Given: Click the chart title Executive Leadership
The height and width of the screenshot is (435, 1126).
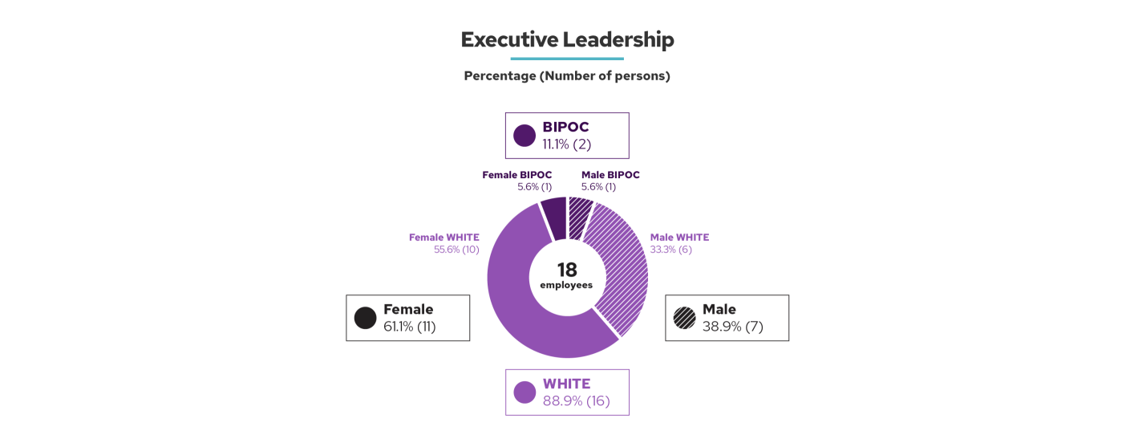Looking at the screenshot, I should coord(567,39).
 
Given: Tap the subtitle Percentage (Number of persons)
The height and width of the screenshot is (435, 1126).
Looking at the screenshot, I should coord(567,76).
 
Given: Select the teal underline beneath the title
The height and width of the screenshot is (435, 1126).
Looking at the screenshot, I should coord(567,59).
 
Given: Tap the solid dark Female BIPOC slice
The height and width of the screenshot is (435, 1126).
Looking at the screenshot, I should coord(553,217).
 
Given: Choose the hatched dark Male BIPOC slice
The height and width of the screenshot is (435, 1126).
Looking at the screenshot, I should coord(580,217).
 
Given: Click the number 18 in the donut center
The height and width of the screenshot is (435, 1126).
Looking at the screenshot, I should coord(567,270).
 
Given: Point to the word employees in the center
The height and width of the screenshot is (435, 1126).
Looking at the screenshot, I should coord(566,285).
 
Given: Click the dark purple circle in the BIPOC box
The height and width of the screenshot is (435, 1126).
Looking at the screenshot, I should coord(525,136).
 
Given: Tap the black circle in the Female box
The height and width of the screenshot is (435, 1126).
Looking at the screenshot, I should coord(366,318).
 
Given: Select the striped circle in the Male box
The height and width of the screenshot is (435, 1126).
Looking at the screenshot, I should coord(685,318).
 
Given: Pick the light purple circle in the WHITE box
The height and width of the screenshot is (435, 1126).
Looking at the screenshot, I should coord(525,392).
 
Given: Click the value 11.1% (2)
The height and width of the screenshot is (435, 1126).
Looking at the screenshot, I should coord(566,144).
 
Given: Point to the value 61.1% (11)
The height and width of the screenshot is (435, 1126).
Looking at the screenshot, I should coord(409,327).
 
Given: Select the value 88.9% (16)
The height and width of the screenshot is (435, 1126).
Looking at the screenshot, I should coord(576,401).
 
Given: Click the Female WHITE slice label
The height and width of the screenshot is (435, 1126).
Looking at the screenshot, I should coord(444,238).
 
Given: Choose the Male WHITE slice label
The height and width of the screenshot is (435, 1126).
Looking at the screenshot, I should coord(679,238).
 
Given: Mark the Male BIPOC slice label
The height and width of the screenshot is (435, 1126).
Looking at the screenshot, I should coord(610,175).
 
